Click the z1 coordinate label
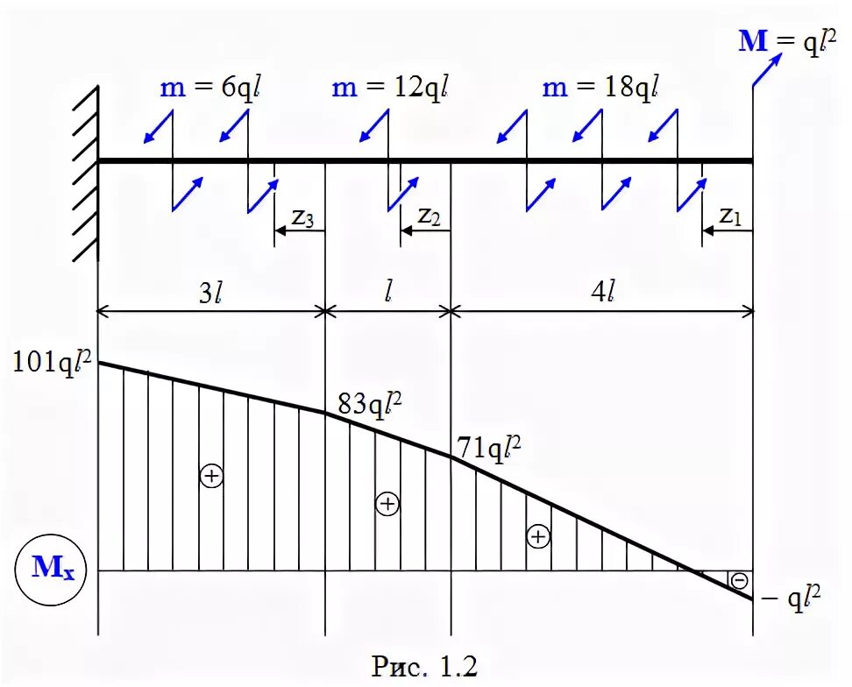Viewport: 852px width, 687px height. coord(730,216)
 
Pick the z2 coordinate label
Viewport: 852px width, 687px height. coord(429,216)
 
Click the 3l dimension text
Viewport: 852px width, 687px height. coord(209,294)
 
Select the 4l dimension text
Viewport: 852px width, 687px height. coord(601,294)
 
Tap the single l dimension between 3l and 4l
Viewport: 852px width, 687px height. coord(388,294)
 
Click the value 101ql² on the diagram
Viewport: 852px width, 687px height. coord(53,361)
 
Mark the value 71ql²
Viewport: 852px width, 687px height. coord(489,449)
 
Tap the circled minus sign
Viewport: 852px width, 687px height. coord(739,580)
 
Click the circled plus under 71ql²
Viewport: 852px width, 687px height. coord(538,537)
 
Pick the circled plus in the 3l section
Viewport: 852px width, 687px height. coord(211,476)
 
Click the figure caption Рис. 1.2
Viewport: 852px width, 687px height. coord(425,665)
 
